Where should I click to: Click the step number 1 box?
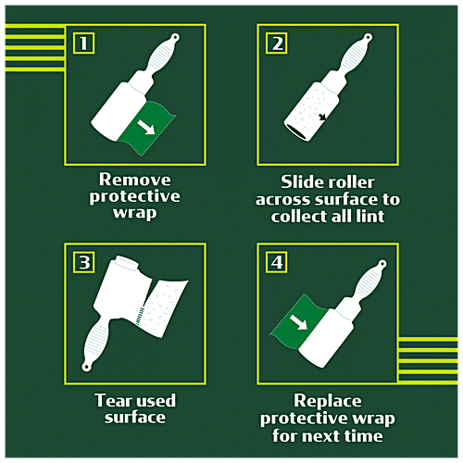(x=83, y=43)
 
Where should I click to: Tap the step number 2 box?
(x=277, y=43)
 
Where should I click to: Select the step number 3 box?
(x=83, y=262)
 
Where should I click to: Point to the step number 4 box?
(x=277, y=262)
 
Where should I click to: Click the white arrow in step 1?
(x=146, y=127)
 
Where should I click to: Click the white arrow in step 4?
(x=299, y=322)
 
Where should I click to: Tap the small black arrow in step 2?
(x=322, y=117)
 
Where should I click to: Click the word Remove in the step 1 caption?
(x=134, y=180)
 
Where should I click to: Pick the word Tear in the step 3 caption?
(x=110, y=400)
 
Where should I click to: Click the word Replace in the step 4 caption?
(x=328, y=401)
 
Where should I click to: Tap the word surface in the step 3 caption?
(x=135, y=418)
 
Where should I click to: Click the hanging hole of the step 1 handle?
(x=176, y=37)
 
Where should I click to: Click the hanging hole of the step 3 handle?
(x=86, y=367)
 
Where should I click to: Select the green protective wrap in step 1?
(x=147, y=127)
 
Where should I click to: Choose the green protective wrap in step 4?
(x=298, y=321)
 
